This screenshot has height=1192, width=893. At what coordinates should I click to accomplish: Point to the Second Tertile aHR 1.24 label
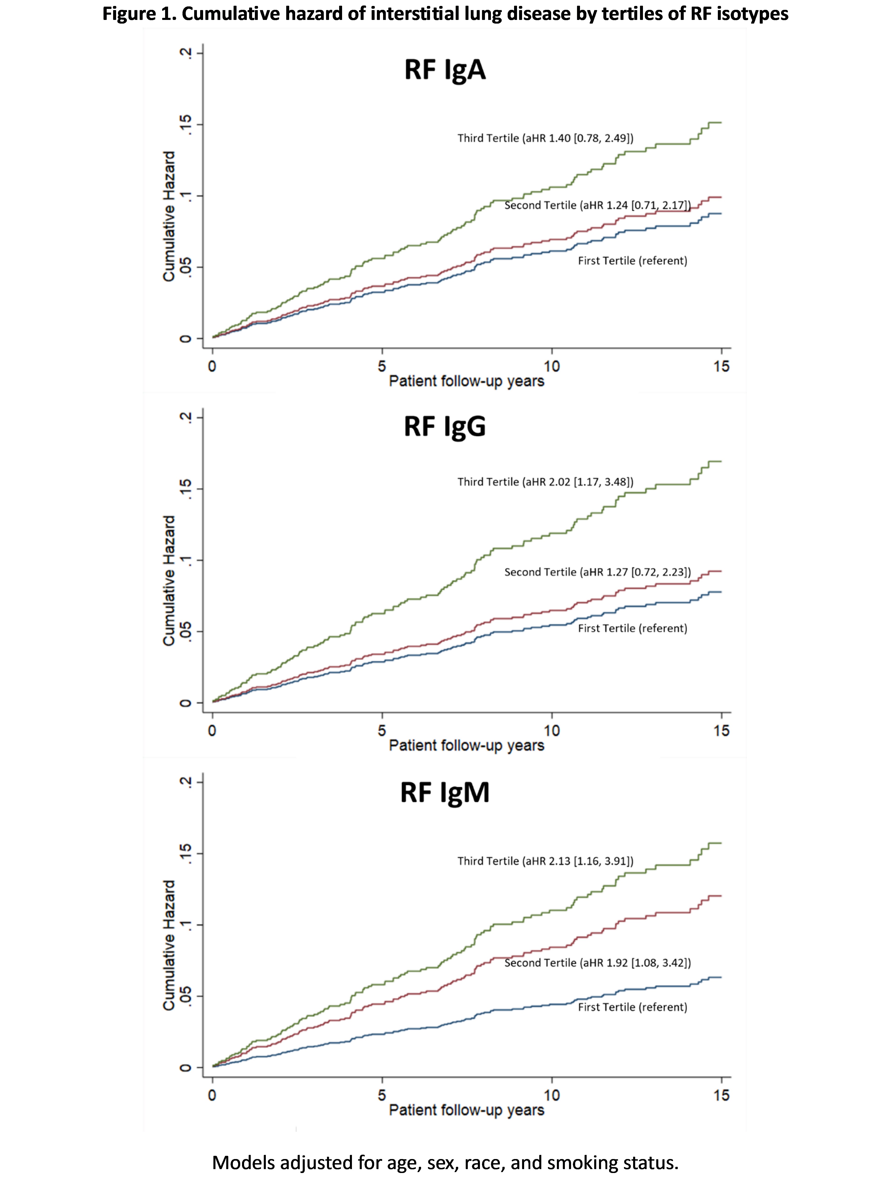(x=597, y=205)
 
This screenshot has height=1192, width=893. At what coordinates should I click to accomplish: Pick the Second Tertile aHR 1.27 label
(x=597, y=572)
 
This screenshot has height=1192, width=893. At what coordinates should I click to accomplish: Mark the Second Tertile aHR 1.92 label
(x=597, y=963)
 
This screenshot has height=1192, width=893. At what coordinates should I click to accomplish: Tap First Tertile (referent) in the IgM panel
(x=632, y=1007)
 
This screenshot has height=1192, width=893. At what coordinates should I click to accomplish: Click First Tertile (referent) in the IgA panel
(x=632, y=261)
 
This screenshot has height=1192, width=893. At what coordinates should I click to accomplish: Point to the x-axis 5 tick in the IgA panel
(x=381, y=366)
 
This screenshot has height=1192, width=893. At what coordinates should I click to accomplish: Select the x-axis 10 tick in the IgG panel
(x=551, y=731)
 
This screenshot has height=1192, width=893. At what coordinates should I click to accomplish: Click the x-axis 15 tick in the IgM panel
(x=721, y=1095)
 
